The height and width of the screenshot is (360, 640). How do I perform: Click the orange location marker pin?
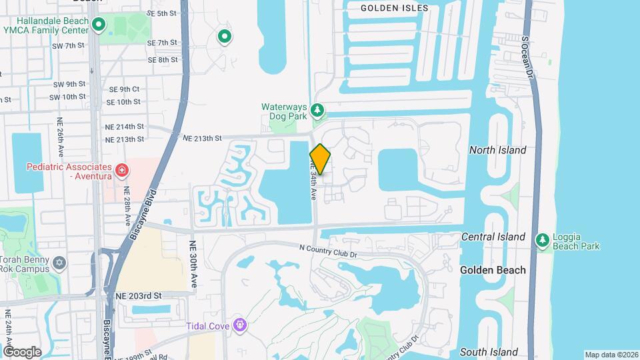click(x=320, y=159)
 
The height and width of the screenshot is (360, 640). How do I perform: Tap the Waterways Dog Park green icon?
click(x=319, y=110)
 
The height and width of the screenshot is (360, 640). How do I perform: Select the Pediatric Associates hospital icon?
click(x=121, y=171)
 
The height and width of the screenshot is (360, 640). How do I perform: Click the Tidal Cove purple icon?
click(x=239, y=325)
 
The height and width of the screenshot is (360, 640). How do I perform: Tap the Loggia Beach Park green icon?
click(x=543, y=240)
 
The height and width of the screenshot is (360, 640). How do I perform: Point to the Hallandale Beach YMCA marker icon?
click(x=99, y=25)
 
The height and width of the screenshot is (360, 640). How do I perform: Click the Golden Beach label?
click(x=493, y=270)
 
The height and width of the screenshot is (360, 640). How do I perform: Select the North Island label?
click(x=497, y=150)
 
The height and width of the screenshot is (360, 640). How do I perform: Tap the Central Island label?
click(x=493, y=237)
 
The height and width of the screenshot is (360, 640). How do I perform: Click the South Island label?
click(x=489, y=352)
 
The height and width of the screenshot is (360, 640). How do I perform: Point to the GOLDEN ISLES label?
click(x=394, y=8)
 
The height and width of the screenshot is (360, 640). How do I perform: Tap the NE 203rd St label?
click(x=139, y=295)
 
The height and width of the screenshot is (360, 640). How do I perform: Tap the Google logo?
click(x=22, y=351)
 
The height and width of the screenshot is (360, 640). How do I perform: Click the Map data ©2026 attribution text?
click(x=610, y=354)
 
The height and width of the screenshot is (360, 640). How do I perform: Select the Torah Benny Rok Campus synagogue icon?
click(x=60, y=262)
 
